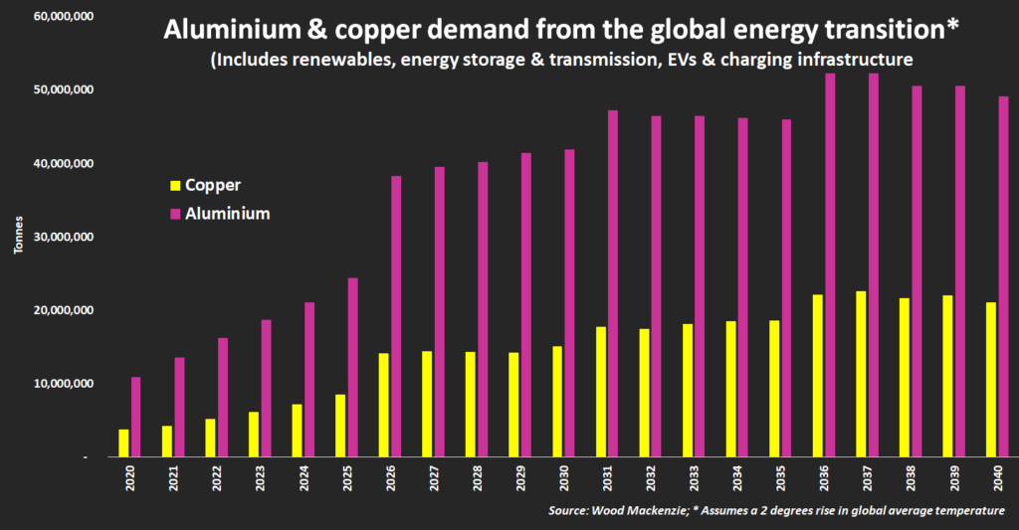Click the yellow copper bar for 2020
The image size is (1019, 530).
(124, 442)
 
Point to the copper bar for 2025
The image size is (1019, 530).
(340, 426)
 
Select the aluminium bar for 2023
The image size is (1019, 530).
(267, 388)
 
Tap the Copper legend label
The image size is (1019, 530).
(213, 185)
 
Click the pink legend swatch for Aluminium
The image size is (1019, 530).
(177, 213)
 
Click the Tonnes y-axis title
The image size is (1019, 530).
(19, 248)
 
